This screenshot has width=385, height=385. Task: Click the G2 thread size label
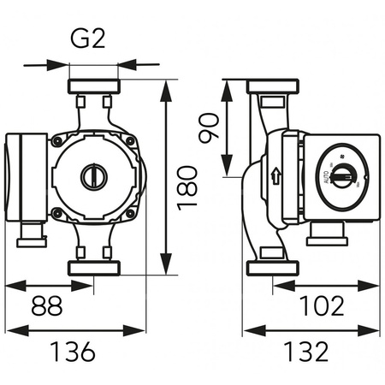(x=92, y=40)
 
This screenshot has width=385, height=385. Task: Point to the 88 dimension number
(x=47, y=306)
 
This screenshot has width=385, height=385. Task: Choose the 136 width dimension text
(x=71, y=350)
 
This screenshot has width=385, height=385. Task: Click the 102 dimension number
(x=324, y=305)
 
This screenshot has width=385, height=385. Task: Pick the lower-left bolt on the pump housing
(x=57, y=213)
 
